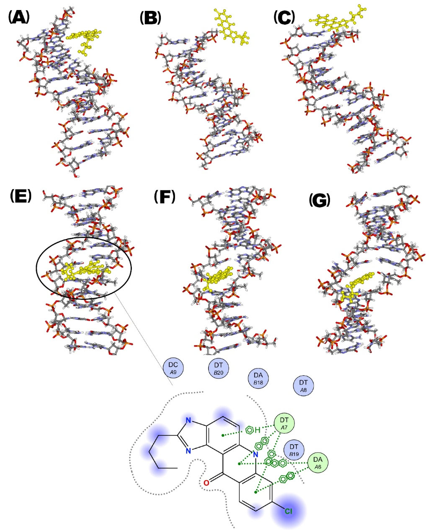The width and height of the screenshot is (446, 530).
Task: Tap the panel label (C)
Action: [284, 18]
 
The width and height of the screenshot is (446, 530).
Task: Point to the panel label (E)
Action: [21, 196]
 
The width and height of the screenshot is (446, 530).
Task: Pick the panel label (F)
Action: [164, 197]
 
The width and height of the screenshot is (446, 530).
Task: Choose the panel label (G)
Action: [319, 201]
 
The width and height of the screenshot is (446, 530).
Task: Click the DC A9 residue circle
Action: [173, 368]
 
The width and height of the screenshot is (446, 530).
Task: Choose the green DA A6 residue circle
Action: [318, 463]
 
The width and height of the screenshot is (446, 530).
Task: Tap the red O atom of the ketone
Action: [206, 483]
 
